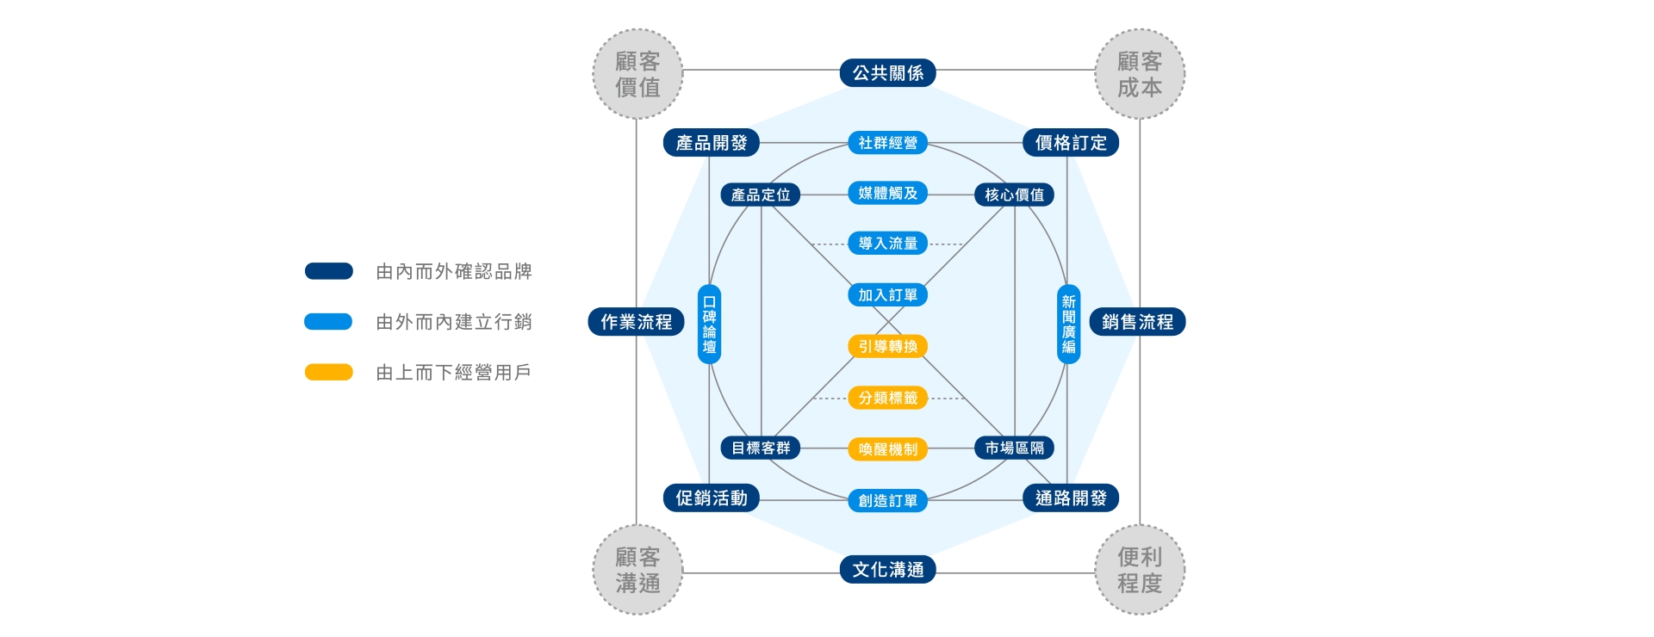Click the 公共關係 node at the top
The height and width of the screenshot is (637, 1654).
pos(887,73)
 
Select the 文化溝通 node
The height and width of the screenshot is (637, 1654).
pos(887,569)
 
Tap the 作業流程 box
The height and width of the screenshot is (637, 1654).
pos(636,322)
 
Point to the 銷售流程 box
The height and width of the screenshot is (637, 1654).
pos(1137,322)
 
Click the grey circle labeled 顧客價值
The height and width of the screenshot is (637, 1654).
pos(637,74)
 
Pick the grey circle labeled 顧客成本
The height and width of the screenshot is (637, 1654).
pos(1140,74)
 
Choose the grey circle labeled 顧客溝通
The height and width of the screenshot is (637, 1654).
pos(637,570)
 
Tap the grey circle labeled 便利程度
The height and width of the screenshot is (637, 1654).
pos(1140,570)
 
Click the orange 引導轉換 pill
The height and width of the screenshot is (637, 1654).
pos(887,346)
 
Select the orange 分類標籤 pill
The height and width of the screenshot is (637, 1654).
pos(887,398)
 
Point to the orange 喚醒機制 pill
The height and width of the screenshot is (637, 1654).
pos(887,448)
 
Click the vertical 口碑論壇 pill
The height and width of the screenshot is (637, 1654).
pos(709,324)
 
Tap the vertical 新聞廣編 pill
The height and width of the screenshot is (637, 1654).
pos(1068,324)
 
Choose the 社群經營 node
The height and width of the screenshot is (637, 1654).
pos(887,143)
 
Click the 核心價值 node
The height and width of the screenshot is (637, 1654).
pos(1014,195)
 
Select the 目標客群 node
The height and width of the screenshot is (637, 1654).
pos(760,448)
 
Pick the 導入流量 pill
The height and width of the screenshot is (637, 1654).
pos(887,244)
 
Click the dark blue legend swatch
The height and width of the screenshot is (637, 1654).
pos(328,271)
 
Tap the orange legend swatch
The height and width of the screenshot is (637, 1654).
pos(328,372)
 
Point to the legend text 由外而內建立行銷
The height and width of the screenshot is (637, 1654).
pos(454,322)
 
